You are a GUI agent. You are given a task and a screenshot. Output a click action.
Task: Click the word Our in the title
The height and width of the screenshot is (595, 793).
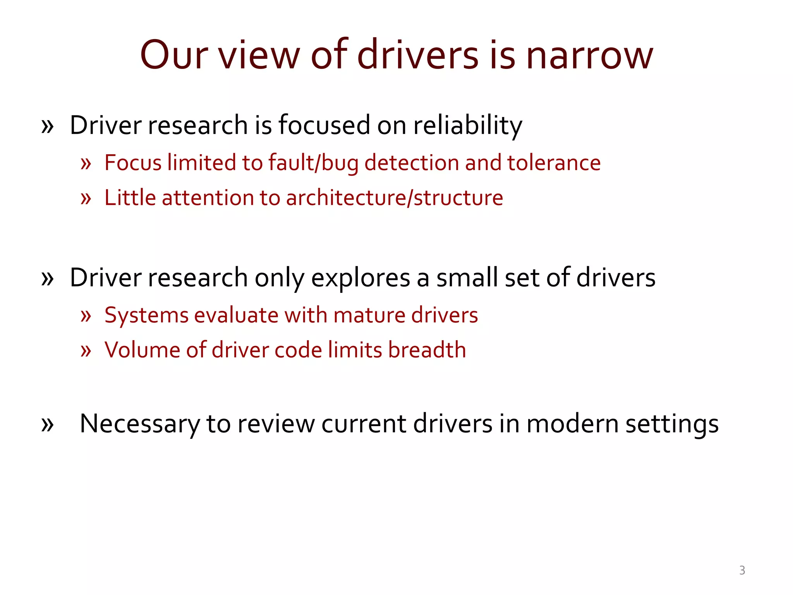click(x=174, y=55)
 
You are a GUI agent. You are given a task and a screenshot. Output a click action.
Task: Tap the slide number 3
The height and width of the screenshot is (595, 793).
click(x=742, y=570)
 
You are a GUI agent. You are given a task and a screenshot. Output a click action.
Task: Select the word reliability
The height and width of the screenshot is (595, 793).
click(x=468, y=126)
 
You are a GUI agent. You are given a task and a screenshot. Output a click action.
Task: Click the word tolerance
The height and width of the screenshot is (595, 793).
click(x=554, y=163)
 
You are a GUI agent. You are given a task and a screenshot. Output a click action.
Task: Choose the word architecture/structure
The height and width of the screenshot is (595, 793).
click(x=394, y=198)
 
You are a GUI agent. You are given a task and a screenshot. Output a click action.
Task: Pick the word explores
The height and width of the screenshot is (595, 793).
click(x=360, y=278)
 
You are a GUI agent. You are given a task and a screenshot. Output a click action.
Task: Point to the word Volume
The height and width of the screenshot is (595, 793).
click(x=142, y=350)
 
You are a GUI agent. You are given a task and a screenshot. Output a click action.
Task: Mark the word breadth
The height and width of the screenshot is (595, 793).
click(x=427, y=350)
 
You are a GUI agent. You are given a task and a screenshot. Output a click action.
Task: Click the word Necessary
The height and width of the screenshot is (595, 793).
click(x=139, y=424)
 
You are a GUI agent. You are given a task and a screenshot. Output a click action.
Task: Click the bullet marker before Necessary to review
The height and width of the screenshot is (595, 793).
click(x=47, y=425)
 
